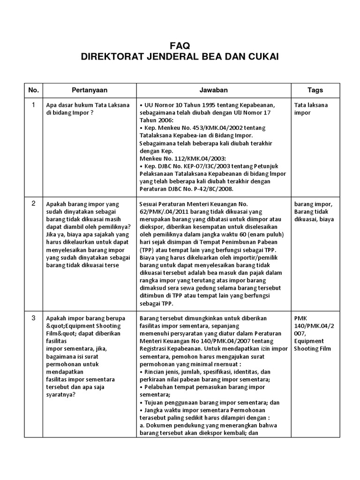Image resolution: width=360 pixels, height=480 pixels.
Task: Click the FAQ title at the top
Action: click(180, 45)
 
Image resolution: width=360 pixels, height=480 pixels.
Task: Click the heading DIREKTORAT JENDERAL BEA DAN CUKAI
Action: click(180, 57)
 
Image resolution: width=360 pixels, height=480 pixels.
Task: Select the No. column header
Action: click(33, 90)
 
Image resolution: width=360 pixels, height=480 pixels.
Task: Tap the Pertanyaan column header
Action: click(89, 90)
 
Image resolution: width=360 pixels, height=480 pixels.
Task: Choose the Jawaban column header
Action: click(214, 90)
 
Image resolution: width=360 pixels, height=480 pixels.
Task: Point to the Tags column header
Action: click(315, 90)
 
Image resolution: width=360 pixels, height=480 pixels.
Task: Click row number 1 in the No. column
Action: click(33, 105)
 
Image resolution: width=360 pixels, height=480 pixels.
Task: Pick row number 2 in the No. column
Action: click(33, 203)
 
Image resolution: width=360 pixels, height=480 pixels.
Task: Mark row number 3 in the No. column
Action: click(33, 318)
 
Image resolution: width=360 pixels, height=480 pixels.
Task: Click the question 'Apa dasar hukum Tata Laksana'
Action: click(88, 105)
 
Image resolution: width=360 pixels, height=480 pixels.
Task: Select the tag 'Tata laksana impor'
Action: click(311, 109)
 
